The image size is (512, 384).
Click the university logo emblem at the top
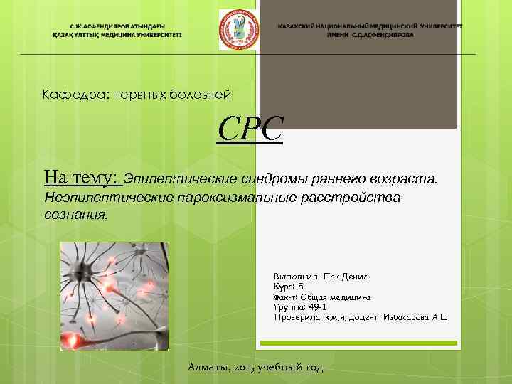click(238, 29)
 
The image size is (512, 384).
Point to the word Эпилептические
click(178, 178)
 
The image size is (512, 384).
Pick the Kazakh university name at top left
click(117, 29)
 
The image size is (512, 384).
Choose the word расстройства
click(358, 197)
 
